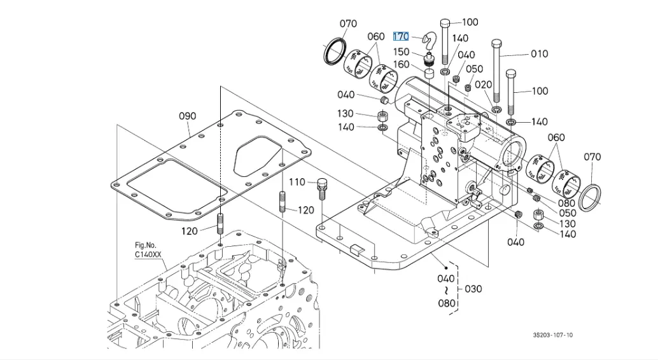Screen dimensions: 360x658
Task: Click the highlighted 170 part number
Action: (401, 37)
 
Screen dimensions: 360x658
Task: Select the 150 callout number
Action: (401, 52)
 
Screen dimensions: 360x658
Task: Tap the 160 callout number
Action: (401, 65)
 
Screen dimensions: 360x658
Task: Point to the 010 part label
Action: (539, 54)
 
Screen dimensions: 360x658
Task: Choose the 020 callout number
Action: (483, 85)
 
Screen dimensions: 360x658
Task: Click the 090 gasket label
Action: (187, 116)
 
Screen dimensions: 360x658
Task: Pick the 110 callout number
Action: (297, 183)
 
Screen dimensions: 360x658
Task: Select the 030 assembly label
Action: (473, 289)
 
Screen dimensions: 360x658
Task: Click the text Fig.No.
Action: (145, 246)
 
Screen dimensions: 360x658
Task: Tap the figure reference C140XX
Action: (148, 254)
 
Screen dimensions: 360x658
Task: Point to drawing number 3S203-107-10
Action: (553, 335)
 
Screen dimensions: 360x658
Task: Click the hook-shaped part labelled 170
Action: (431, 41)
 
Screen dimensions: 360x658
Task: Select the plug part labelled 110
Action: (322, 186)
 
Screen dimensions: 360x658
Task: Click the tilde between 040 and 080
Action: (446, 290)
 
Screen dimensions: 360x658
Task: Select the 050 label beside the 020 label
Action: (474, 69)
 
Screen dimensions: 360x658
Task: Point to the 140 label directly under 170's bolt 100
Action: (460, 39)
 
